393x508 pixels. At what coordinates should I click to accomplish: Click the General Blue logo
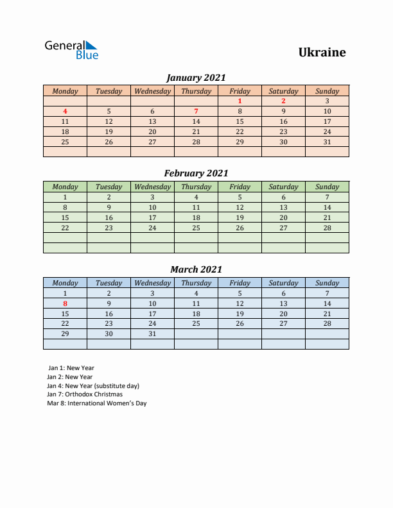click(x=71, y=50)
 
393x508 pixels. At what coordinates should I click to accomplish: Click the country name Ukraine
click(x=322, y=53)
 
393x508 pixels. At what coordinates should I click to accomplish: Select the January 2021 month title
click(x=196, y=78)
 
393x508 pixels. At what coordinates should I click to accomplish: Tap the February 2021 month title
click(x=196, y=173)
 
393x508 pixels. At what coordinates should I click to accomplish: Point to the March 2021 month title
click(x=196, y=269)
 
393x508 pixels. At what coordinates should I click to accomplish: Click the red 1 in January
click(x=240, y=101)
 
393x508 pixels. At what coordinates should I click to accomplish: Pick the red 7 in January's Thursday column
click(x=196, y=111)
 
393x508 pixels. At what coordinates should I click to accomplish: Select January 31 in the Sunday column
click(x=327, y=142)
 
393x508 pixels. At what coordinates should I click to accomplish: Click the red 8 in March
click(x=65, y=303)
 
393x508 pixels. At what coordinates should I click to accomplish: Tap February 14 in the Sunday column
click(x=327, y=207)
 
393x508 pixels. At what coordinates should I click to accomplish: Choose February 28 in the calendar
click(x=327, y=228)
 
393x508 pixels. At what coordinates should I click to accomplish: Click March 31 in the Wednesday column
click(x=152, y=334)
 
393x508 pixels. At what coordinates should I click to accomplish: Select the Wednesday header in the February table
click(x=152, y=187)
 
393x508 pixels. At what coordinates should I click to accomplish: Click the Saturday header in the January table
click(x=283, y=91)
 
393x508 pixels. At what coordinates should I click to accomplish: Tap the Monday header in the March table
click(x=65, y=283)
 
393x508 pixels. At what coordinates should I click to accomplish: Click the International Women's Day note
click(x=97, y=403)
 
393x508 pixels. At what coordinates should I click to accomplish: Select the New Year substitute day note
click(x=93, y=385)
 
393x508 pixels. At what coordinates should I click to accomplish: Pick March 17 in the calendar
click(x=152, y=314)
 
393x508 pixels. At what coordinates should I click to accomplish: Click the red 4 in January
click(x=65, y=111)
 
